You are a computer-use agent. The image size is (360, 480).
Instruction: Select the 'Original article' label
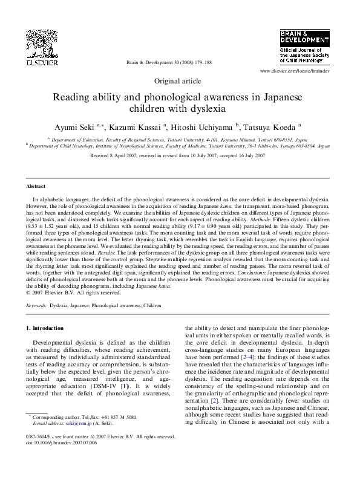click(179, 80)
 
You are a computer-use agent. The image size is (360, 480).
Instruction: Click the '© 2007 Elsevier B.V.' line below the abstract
click(77, 293)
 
